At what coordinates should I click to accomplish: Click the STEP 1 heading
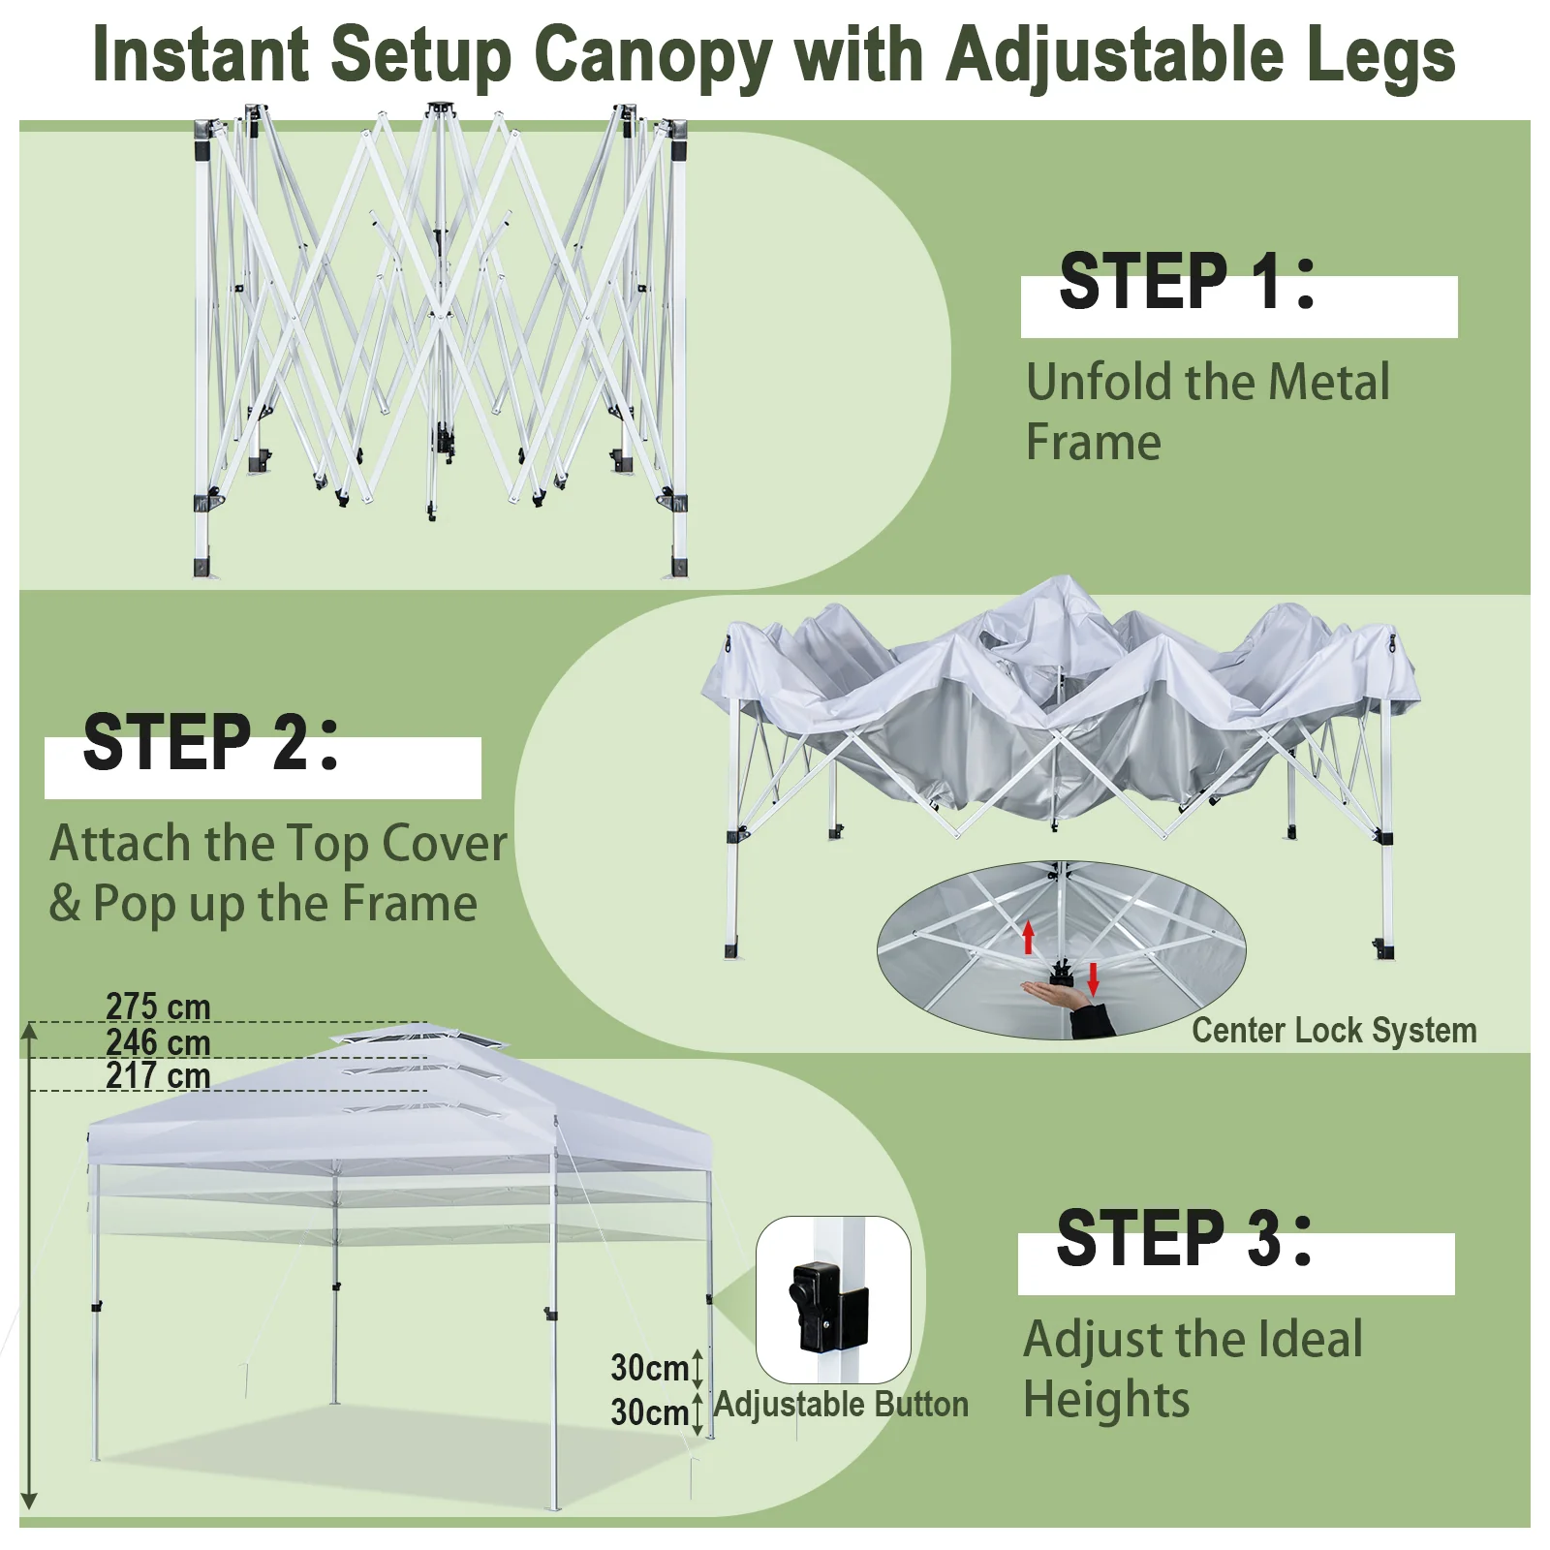1187,281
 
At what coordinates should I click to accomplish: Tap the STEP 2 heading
210,742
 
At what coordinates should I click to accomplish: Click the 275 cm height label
158,1007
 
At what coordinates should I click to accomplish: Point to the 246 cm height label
158,1042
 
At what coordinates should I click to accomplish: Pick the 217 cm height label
158,1075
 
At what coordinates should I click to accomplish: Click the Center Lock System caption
1334,1030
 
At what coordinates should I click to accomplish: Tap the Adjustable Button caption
841,1404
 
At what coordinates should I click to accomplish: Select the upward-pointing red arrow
1029,937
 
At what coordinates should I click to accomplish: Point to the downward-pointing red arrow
1094,979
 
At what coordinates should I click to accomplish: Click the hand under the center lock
1056,994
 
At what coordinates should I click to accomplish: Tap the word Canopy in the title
653,56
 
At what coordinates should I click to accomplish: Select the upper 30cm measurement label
649,1368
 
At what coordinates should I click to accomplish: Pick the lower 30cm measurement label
649,1412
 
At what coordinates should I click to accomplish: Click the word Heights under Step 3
1106,1400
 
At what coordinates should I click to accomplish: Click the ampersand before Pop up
65,903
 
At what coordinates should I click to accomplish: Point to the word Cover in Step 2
445,844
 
